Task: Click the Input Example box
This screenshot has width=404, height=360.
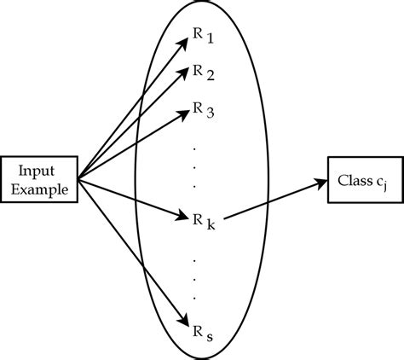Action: pyautogui.click(x=40, y=178)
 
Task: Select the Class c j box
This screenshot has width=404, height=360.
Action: pyautogui.click(x=362, y=180)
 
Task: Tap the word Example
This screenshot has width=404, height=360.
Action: pyautogui.click(x=40, y=187)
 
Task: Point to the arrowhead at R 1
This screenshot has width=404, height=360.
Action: pyautogui.click(x=187, y=41)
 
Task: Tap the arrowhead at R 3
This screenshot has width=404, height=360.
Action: pyautogui.click(x=187, y=112)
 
